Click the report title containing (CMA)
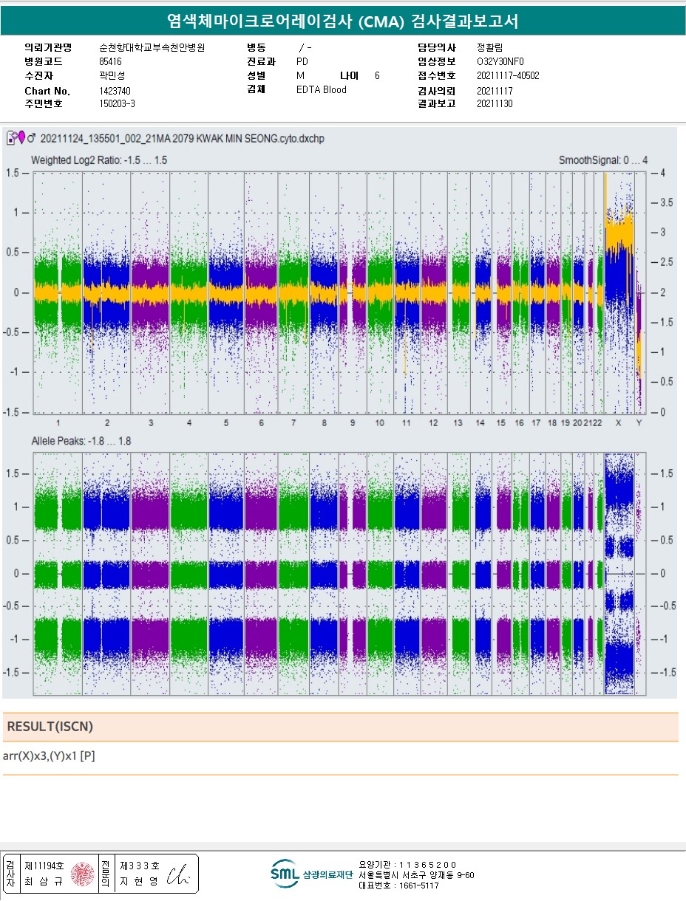342,21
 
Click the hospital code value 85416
110,62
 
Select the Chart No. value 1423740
115,91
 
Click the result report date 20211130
495,104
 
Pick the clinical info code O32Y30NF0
500,62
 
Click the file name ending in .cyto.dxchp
181,138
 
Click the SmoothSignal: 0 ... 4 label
603,160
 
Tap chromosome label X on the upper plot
618,423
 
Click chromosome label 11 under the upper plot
406,423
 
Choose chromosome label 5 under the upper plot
226,423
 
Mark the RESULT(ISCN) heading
50,727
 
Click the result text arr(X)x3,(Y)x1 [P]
49,756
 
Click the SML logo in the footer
284,873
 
